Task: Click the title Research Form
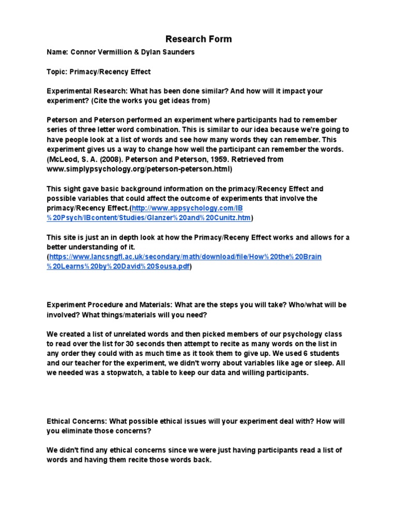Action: click(198, 39)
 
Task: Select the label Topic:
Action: click(56, 72)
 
